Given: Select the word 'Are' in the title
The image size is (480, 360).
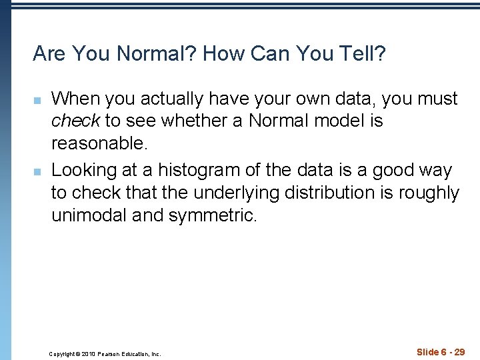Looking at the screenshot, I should click(49, 53).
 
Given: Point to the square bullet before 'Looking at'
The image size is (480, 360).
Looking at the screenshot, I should click(39, 171).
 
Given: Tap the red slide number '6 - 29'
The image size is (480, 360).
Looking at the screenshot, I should click(450, 352).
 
